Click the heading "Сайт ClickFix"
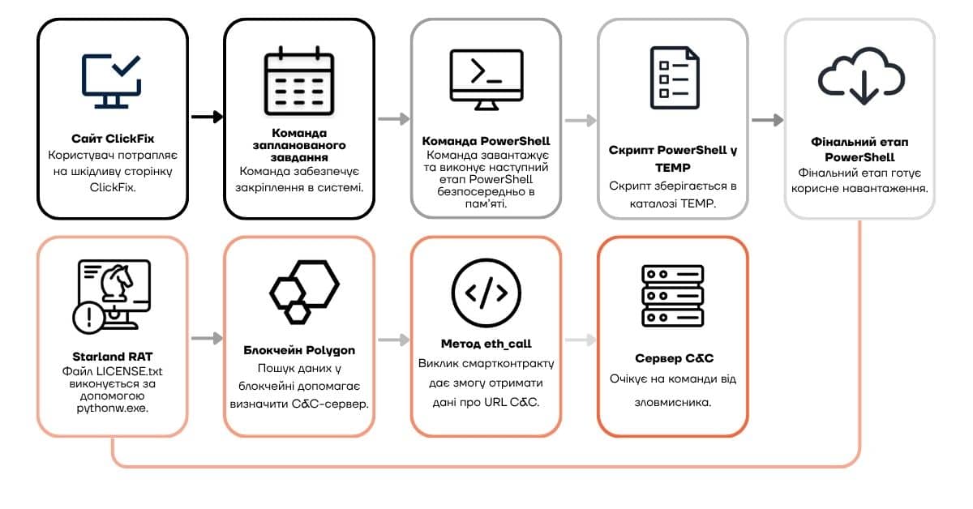click(113, 139)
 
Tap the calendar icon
click(299, 81)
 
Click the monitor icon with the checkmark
click(112, 81)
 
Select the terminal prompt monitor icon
click(486, 80)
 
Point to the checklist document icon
click(675, 78)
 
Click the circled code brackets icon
click(486, 293)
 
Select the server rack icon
click(673, 296)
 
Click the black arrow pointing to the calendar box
click(208, 117)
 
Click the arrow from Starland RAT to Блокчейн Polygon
click(208, 338)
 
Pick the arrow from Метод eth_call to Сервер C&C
click(581, 340)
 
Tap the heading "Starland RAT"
click(113, 357)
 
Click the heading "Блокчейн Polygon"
click(299, 350)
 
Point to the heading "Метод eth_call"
click(486, 344)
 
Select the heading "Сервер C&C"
click(674, 358)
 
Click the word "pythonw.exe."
click(113, 408)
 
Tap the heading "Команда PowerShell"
click(486, 141)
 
